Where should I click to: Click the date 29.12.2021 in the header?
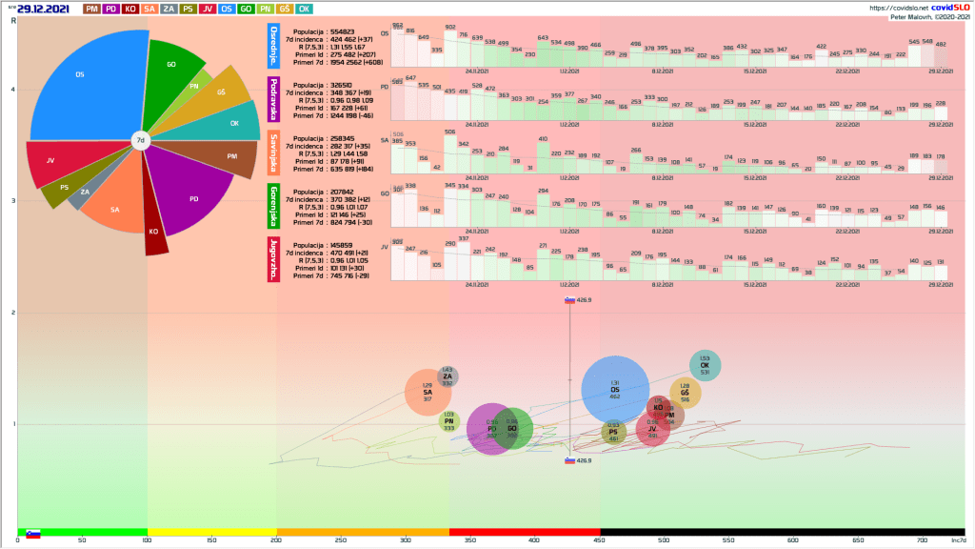pos(42,9)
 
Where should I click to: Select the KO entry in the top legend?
pos(130,9)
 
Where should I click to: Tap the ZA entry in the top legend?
pos(169,9)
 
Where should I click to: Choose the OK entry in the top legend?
pos(304,9)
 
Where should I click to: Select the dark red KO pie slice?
pos(155,234)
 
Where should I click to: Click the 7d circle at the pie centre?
pos(140,141)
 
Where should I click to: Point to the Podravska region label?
pos(274,98)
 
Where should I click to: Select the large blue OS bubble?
pos(615,389)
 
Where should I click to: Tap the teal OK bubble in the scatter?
pos(705,365)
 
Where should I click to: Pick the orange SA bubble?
pos(428,393)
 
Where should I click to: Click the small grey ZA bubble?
pos(448,376)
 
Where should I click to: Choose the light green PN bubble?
pos(448,421)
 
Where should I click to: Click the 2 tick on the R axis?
pos(11,313)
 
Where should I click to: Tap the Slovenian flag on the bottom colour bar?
pos(32,533)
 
